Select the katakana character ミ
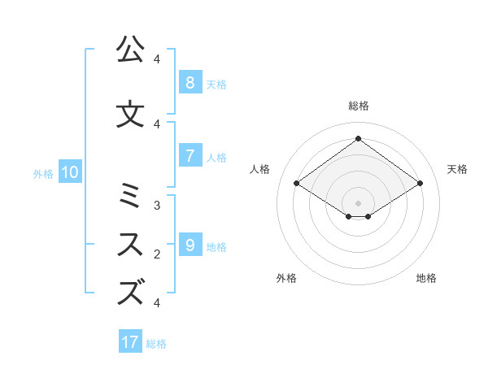129,196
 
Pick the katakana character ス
129,245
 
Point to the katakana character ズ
130,293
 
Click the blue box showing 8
190,82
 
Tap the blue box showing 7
190,155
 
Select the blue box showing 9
190,245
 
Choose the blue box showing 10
69,171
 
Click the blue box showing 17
130,342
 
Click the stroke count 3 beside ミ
157,206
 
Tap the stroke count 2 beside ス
157,254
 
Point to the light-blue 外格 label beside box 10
43,172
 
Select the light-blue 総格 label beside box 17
156,343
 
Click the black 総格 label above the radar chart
359,106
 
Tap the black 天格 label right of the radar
458,169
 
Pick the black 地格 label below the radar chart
426,278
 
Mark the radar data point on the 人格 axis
297,184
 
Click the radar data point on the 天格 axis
420,184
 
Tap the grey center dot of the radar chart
358,203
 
